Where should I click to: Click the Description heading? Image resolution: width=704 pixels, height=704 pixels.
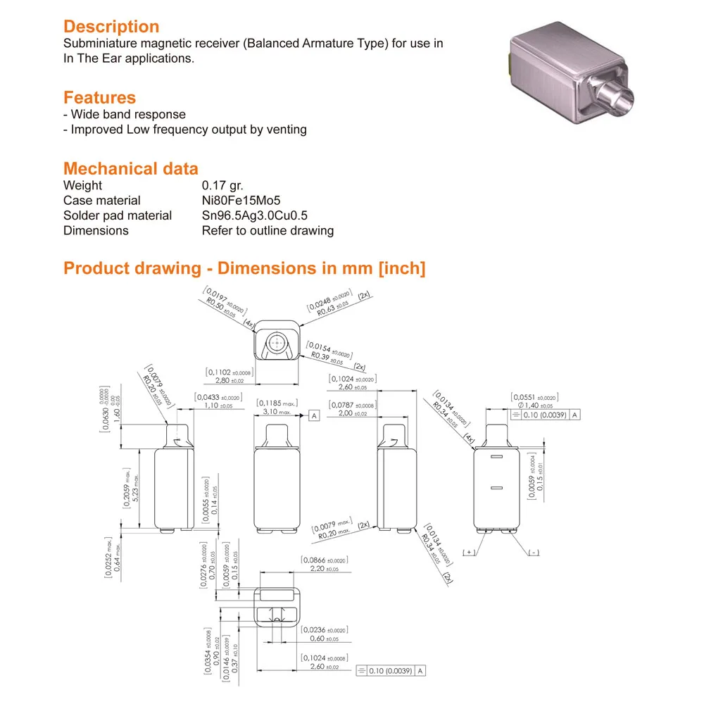tap(111, 27)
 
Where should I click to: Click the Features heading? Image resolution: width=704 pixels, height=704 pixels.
tap(99, 97)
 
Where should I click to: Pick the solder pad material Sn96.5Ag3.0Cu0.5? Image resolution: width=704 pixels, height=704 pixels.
tap(255, 215)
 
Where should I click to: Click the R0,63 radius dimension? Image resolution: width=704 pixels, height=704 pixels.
tap(331, 310)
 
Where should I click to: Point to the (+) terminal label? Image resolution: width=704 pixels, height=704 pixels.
tap(470, 553)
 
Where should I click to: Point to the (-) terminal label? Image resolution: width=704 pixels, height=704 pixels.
tap(533, 553)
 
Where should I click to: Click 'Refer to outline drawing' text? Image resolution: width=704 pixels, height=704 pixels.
tap(268, 230)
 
